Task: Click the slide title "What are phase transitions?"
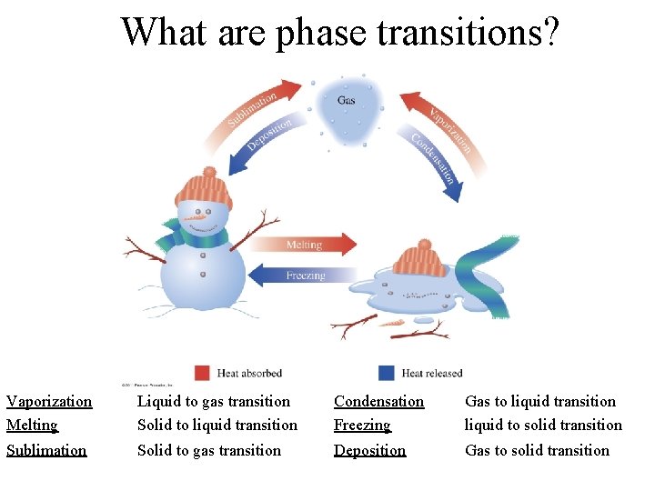pos(341,32)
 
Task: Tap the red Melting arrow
pos(305,245)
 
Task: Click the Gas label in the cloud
pos(347,100)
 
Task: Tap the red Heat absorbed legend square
pos(202,373)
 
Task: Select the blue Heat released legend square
pos(386,373)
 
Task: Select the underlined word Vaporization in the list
pos(49,401)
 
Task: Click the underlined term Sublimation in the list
pos(46,450)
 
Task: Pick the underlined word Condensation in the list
pos(378,401)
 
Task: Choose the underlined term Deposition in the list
pos(369,450)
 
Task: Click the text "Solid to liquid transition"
pos(217,425)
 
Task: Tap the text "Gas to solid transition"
pos(537,450)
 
